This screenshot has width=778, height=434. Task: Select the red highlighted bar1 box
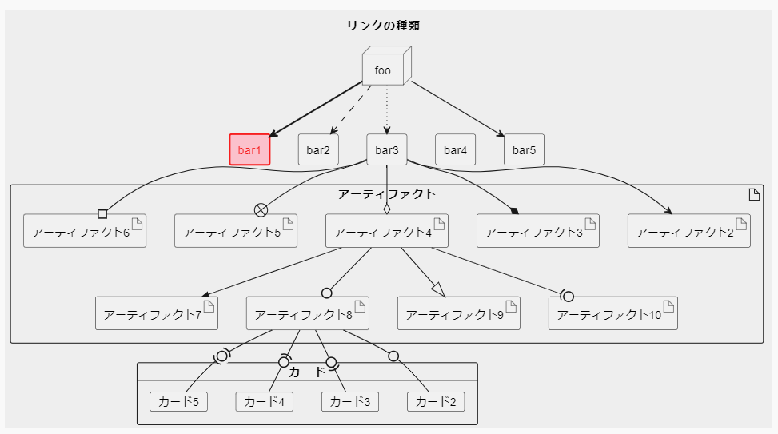pyautogui.click(x=249, y=149)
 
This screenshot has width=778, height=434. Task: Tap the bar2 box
pyautogui.click(x=318, y=149)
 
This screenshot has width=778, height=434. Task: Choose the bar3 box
pyautogui.click(x=387, y=149)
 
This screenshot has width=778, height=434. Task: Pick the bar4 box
pyautogui.click(x=455, y=149)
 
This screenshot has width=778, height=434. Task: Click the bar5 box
pyautogui.click(x=524, y=149)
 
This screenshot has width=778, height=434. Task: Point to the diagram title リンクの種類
pyautogui.click(x=383, y=26)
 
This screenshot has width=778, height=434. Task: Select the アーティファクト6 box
pyautogui.click(x=85, y=232)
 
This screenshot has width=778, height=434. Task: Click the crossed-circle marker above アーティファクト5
pyautogui.click(x=260, y=209)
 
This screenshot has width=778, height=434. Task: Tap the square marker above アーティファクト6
pyautogui.click(x=102, y=213)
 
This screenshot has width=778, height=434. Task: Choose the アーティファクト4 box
pyautogui.click(x=387, y=232)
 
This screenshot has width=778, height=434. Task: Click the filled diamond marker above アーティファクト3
pyautogui.click(x=514, y=211)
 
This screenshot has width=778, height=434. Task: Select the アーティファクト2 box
pyautogui.click(x=688, y=232)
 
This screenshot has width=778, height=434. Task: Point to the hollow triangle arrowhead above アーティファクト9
pyautogui.click(x=437, y=287)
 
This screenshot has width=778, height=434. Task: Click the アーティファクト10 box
pyautogui.click(x=612, y=313)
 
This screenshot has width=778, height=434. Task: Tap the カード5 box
pyautogui.click(x=178, y=401)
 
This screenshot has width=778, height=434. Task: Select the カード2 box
pyautogui.click(x=436, y=401)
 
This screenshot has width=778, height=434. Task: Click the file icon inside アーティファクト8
pyautogui.click(x=359, y=306)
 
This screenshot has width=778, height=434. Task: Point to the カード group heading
pyautogui.click(x=307, y=372)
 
